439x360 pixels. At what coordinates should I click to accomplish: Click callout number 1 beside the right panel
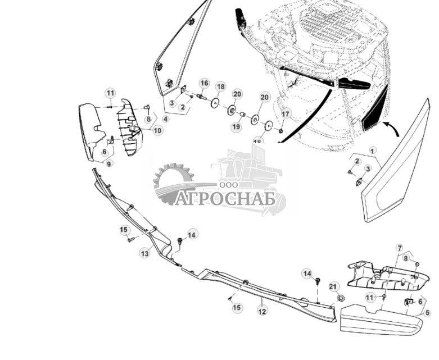[372, 151]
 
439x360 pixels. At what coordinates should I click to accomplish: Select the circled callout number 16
[204, 83]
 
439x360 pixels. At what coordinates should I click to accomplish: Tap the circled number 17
[286, 114]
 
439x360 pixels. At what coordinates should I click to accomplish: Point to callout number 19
[236, 127]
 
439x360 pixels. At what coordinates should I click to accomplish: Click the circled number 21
[334, 287]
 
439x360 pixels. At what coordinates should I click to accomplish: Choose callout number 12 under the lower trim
[262, 310]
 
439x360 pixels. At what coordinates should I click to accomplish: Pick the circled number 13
[145, 254]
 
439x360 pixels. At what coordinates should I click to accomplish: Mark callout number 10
[157, 130]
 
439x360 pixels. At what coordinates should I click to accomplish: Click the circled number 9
[108, 163]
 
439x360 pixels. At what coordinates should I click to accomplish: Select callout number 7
[400, 248]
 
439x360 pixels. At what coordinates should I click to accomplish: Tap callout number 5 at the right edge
[427, 313]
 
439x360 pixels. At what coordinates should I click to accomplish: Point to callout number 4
[165, 119]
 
